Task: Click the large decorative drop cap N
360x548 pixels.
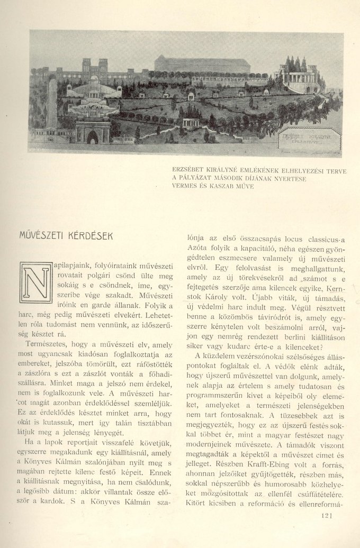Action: (36, 282)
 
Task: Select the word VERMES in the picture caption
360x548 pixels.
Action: (186, 186)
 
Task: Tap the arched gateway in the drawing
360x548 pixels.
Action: (93, 133)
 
